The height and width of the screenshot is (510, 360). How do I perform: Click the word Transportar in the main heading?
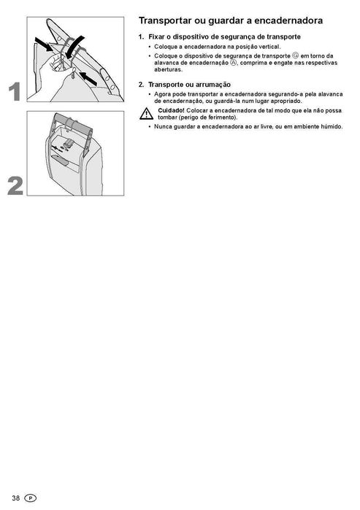click(163, 21)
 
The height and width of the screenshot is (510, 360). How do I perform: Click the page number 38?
click(15, 498)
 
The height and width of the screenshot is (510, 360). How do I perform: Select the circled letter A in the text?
click(233, 63)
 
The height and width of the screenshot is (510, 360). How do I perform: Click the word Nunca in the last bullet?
click(163, 126)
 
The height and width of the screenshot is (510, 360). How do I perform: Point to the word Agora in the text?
click(164, 94)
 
